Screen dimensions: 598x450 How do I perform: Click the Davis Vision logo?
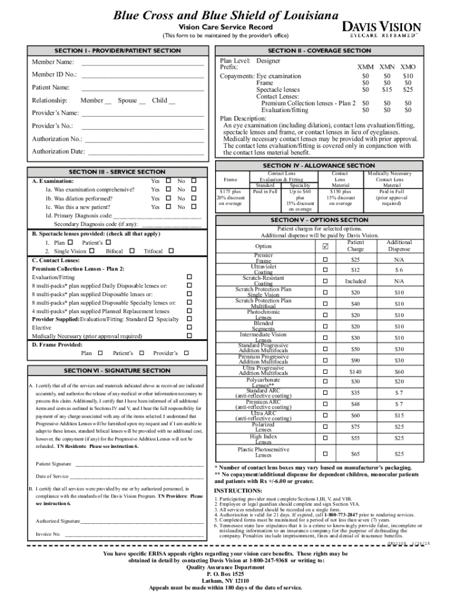coord(385,29)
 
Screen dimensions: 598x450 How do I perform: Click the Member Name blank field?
coord(143,62)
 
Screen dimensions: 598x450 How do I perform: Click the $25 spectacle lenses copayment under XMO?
coord(408,90)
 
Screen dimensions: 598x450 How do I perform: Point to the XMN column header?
coord(386,68)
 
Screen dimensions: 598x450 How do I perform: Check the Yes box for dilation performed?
coord(168,198)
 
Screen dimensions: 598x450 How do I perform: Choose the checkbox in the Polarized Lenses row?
coord(326,427)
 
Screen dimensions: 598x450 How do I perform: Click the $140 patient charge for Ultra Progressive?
coord(356,371)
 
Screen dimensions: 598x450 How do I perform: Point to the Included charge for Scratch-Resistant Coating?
coord(356,281)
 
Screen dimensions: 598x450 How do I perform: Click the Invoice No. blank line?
coord(134,534)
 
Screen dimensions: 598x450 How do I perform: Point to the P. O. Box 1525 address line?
coord(225,574)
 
